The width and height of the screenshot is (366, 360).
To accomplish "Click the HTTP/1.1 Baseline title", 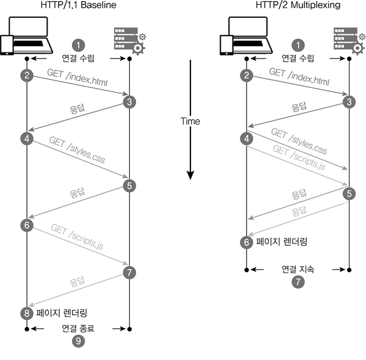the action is click(x=79, y=5).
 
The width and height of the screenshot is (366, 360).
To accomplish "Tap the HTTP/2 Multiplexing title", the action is click(x=298, y=5).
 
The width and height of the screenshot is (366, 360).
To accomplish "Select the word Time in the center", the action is click(x=190, y=121).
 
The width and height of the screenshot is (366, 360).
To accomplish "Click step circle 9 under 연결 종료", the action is click(x=79, y=341).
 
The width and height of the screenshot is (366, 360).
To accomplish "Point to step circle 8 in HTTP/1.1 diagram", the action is click(x=27, y=313).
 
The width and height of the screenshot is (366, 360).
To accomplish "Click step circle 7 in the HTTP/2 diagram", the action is click(x=298, y=281).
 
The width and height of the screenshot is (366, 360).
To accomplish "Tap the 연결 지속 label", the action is click(x=298, y=269).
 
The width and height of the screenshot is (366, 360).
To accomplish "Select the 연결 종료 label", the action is click(x=78, y=328).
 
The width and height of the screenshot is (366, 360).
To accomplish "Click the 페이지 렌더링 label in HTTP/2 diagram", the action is click(x=282, y=242).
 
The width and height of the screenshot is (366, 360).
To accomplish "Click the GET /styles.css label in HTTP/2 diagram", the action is click(x=299, y=141).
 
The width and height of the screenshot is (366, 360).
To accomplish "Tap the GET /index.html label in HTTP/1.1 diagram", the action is click(x=77, y=77).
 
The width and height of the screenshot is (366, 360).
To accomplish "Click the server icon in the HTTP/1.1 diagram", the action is click(x=130, y=41).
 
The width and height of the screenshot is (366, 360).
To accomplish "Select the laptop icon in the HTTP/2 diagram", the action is click(x=246, y=36).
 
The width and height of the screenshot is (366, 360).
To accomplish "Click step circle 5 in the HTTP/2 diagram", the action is click(x=349, y=193).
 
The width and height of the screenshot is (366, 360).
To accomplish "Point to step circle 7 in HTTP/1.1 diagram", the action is click(x=129, y=272).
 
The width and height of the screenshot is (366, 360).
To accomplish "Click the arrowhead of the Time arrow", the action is click(x=190, y=175).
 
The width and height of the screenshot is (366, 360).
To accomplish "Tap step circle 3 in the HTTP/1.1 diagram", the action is click(x=129, y=102).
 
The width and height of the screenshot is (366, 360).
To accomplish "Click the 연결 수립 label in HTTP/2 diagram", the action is click(x=298, y=58).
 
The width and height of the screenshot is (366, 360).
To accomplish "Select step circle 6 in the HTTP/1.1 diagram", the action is click(x=27, y=225).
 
